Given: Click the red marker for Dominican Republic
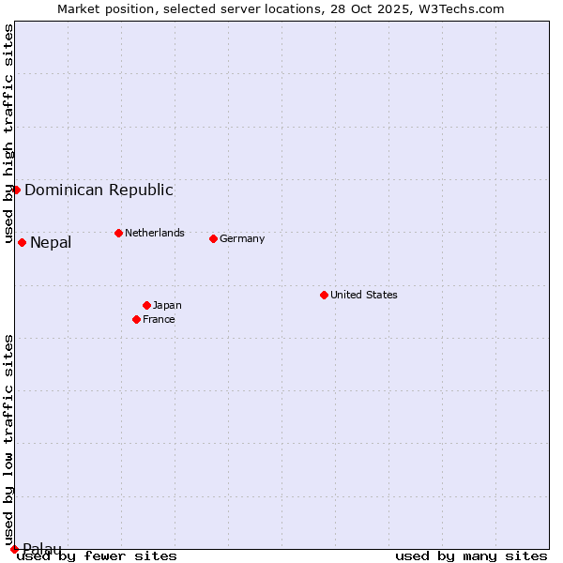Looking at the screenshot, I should [x=16, y=190].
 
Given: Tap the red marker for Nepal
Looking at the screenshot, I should [x=22, y=243].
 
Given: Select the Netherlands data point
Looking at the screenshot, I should [x=118, y=233].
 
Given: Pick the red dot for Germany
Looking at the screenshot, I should [x=213, y=238].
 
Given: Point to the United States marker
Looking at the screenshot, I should [x=324, y=295].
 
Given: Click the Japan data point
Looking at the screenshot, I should [x=146, y=305].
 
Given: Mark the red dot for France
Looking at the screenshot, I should [x=136, y=319].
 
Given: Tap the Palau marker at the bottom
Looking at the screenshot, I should [x=14, y=549].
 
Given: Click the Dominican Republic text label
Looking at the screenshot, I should [x=99, y=190].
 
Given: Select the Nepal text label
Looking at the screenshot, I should [x=51, y=243].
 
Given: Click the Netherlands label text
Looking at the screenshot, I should [x=155, y=233].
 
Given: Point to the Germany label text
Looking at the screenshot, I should [x=242, y=238].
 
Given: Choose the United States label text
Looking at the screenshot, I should [x=364, y=295].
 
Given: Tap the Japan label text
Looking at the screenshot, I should [x=167, y=305].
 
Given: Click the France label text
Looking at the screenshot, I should [x=159, y=319].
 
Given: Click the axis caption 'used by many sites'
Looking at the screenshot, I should [x=471, y=555].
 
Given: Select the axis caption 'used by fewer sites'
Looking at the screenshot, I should [x=97, y=555].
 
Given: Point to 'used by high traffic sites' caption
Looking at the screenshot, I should [x=8, y=133].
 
